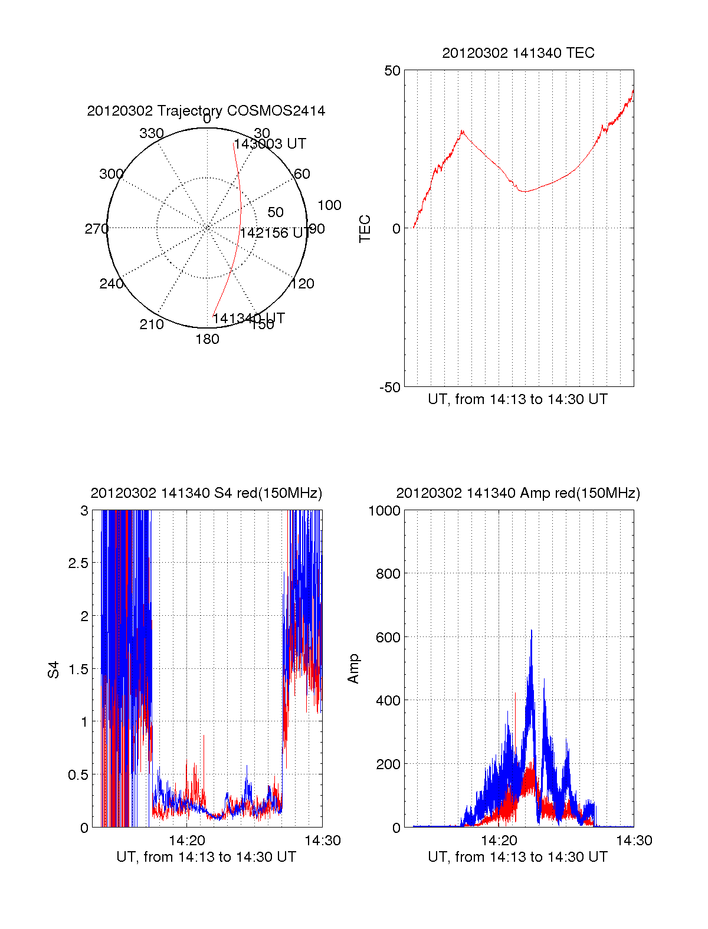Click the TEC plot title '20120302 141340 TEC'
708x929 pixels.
point(518,53)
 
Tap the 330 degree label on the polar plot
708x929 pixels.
point(151,133)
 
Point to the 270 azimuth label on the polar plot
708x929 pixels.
point(96,229)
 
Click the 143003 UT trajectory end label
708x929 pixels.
point(270,144)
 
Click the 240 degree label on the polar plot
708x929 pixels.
point(111,284)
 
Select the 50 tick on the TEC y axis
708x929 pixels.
point(392,71)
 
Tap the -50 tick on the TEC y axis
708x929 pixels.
point(390,388)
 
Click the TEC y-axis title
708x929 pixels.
point(365,228)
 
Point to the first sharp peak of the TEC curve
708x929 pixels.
point(463,131)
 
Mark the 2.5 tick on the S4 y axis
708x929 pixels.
point(78,563)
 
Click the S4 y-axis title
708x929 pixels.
point(54,669)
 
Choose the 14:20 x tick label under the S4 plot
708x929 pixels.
point(187,841)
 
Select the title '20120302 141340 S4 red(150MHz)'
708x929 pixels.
point(206,493)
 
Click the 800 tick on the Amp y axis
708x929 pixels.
point(388,573)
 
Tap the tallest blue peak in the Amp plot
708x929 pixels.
point(531,631)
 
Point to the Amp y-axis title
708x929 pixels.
point(353,669)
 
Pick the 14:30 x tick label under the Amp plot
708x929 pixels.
point(634,841)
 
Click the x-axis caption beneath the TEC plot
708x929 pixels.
point(517,399)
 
